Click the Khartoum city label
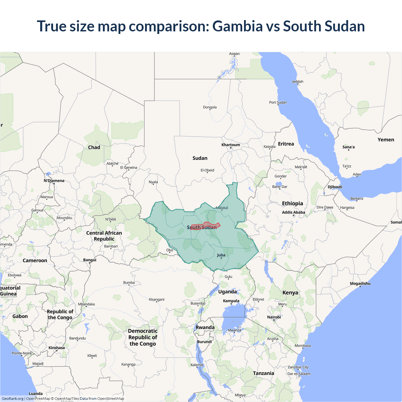click(x=231, y=145)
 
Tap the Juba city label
click(x=221, y=255)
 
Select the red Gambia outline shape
click(x=206, y=226)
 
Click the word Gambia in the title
click(x=237, y=26)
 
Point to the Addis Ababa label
click(x=293, y=212)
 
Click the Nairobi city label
click(x=274, y=317)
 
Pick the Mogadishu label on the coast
click(x=360, y=283)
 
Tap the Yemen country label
click(x=386, y=140)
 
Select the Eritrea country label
click(x=286, y=144)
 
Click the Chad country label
click(x=94, y=147)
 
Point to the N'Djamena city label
click(x=54, y=181)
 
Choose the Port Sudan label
click(x=278, y=102)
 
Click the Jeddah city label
click(x=297, y=82)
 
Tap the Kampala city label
click(x=231, y=301)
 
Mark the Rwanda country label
click(x=205, y=327)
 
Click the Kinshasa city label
click(x=57, y=348)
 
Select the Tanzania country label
click(x=263, y=373)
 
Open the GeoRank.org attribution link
click(x=13, y=399)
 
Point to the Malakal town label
click(x=222, y=208)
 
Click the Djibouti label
click(x=335, y=187)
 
